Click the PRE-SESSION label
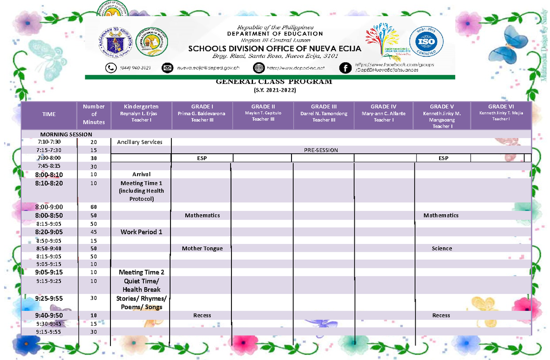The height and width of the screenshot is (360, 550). coord(321,150)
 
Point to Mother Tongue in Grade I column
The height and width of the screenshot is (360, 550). coord(202,249)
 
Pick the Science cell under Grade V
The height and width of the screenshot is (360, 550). coord(442,249)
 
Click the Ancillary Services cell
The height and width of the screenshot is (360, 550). coord(140,142)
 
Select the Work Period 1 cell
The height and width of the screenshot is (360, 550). coord(141,232)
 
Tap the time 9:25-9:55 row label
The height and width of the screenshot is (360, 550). coord(49,298)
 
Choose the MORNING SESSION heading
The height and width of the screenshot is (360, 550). coord(66,134)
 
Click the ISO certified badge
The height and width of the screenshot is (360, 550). coord(426,42)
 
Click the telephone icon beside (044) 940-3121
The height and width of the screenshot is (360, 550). coord(111,68)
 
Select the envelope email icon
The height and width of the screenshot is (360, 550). coord(168,68)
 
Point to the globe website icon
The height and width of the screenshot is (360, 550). coord(259,68)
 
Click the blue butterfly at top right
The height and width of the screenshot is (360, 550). coord(513,41)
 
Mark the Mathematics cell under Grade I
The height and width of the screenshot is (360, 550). coord(202,216)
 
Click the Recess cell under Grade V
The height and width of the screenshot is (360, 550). coord(441,316)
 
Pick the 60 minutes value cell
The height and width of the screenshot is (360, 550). coord(93,207)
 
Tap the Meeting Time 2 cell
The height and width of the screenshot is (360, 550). coord(141,272)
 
